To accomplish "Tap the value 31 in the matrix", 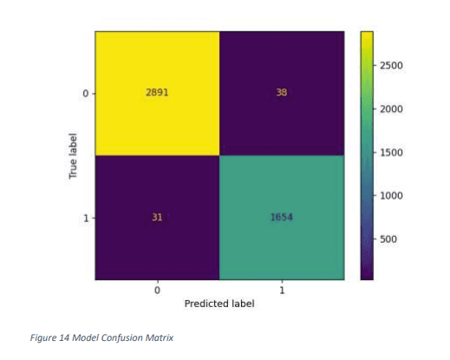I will click(x=157, y=218).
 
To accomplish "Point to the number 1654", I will click(x=281, y=218).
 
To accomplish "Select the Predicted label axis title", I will click(x=218, y=304).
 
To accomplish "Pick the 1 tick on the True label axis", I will click(x=85, y=218).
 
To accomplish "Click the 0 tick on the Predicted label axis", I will click(x=157, y=290).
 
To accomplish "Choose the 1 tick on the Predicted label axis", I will click(x=281, y=290).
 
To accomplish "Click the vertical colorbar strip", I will click(x=366, y=156).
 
